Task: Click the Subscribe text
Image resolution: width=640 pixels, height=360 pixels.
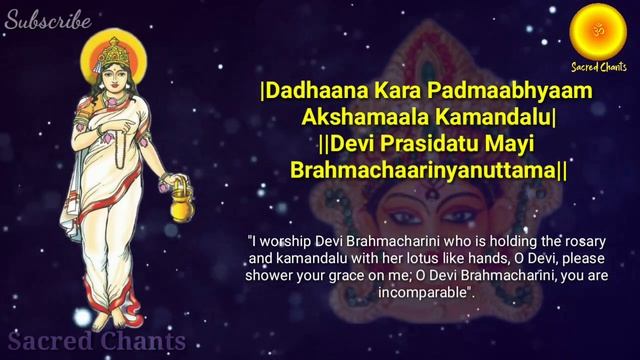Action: pyautogui.click(x=47, y=20)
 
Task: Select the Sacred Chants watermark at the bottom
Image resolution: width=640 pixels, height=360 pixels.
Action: pyautogui.click(x=96, y=342)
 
